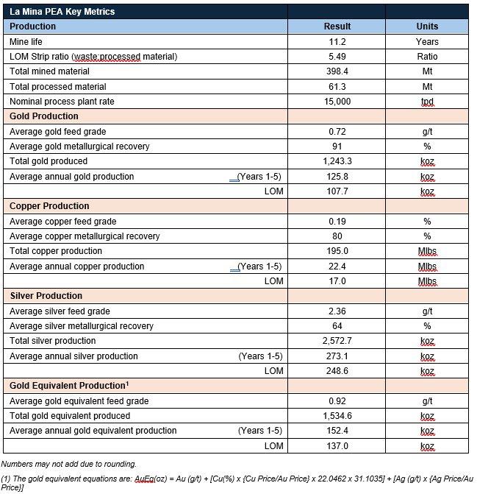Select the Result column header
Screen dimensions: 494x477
point(337,27)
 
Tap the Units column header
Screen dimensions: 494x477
point(427,27)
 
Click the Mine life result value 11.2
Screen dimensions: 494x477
point(337,42)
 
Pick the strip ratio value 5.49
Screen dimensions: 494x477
point(337,57)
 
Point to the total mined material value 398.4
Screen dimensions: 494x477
point(337,71)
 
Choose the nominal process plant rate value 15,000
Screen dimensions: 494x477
point(337,102)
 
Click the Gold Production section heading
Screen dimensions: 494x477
point(44,116)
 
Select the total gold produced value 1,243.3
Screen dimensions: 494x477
point(337,161)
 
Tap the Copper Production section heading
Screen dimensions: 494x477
point(49,206)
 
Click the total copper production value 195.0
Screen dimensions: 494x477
point(337,251)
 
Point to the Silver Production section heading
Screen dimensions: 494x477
point(46,296)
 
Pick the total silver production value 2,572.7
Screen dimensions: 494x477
point(337,341)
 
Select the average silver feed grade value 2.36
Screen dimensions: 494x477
point(337,311)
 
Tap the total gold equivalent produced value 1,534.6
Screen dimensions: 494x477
point(337,416)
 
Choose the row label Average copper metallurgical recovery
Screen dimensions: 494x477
point(81,236)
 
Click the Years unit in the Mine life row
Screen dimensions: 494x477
point(427,42)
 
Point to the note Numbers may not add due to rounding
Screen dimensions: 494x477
point(68,464)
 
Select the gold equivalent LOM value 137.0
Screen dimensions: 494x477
point(337,446)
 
